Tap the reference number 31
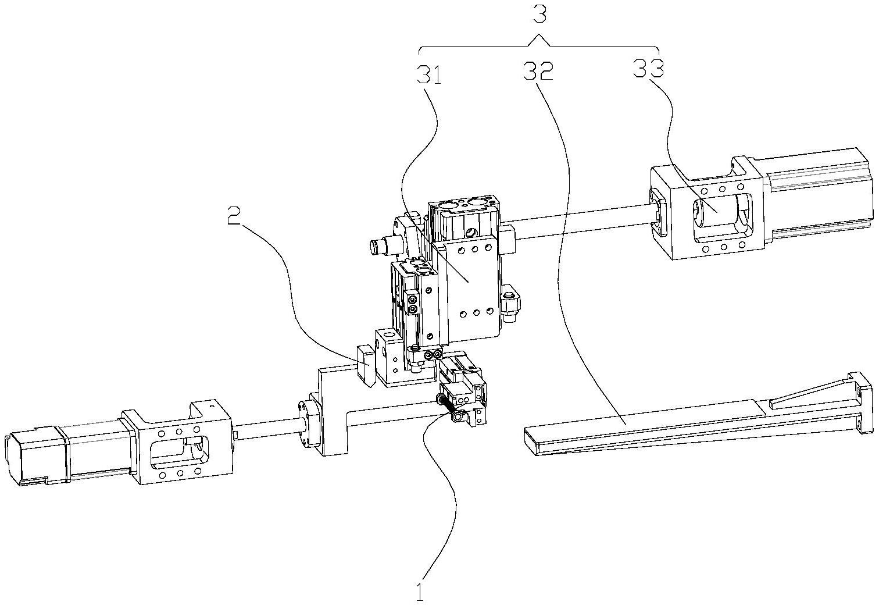click(429, 74)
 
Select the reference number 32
click(538, 72)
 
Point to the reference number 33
click(648, 68)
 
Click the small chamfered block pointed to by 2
click(366, 365)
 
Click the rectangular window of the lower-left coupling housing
click(180, 451)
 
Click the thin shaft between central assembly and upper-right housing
click(581, 222)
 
